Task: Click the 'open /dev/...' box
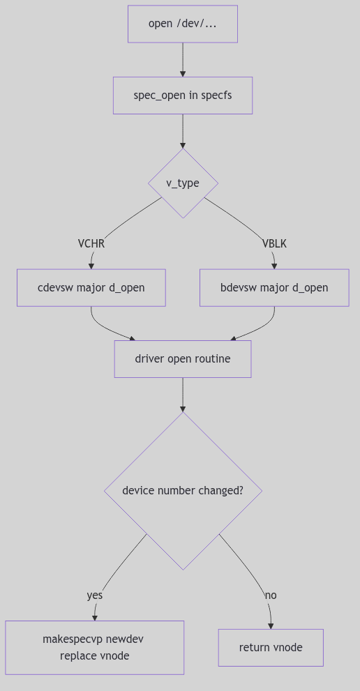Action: point(183,24)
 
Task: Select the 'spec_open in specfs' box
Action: point(183,95)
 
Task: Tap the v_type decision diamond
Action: point(183,183)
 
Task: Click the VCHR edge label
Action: point(91,243)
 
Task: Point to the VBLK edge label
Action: point(274,243)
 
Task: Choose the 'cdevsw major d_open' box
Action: point(91,287)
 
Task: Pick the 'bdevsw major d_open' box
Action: point(274,287)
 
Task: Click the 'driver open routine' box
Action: point(183,359)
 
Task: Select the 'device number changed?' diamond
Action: point(183,490)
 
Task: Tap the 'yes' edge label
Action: point(95,595)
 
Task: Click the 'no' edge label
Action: point(271,595)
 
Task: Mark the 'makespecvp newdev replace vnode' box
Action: point(95,647)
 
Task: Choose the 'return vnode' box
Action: point(271,647)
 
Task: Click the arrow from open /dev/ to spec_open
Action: point(183,59)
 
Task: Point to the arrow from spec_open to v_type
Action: point(183,131)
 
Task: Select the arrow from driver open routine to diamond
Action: point(183,395)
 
